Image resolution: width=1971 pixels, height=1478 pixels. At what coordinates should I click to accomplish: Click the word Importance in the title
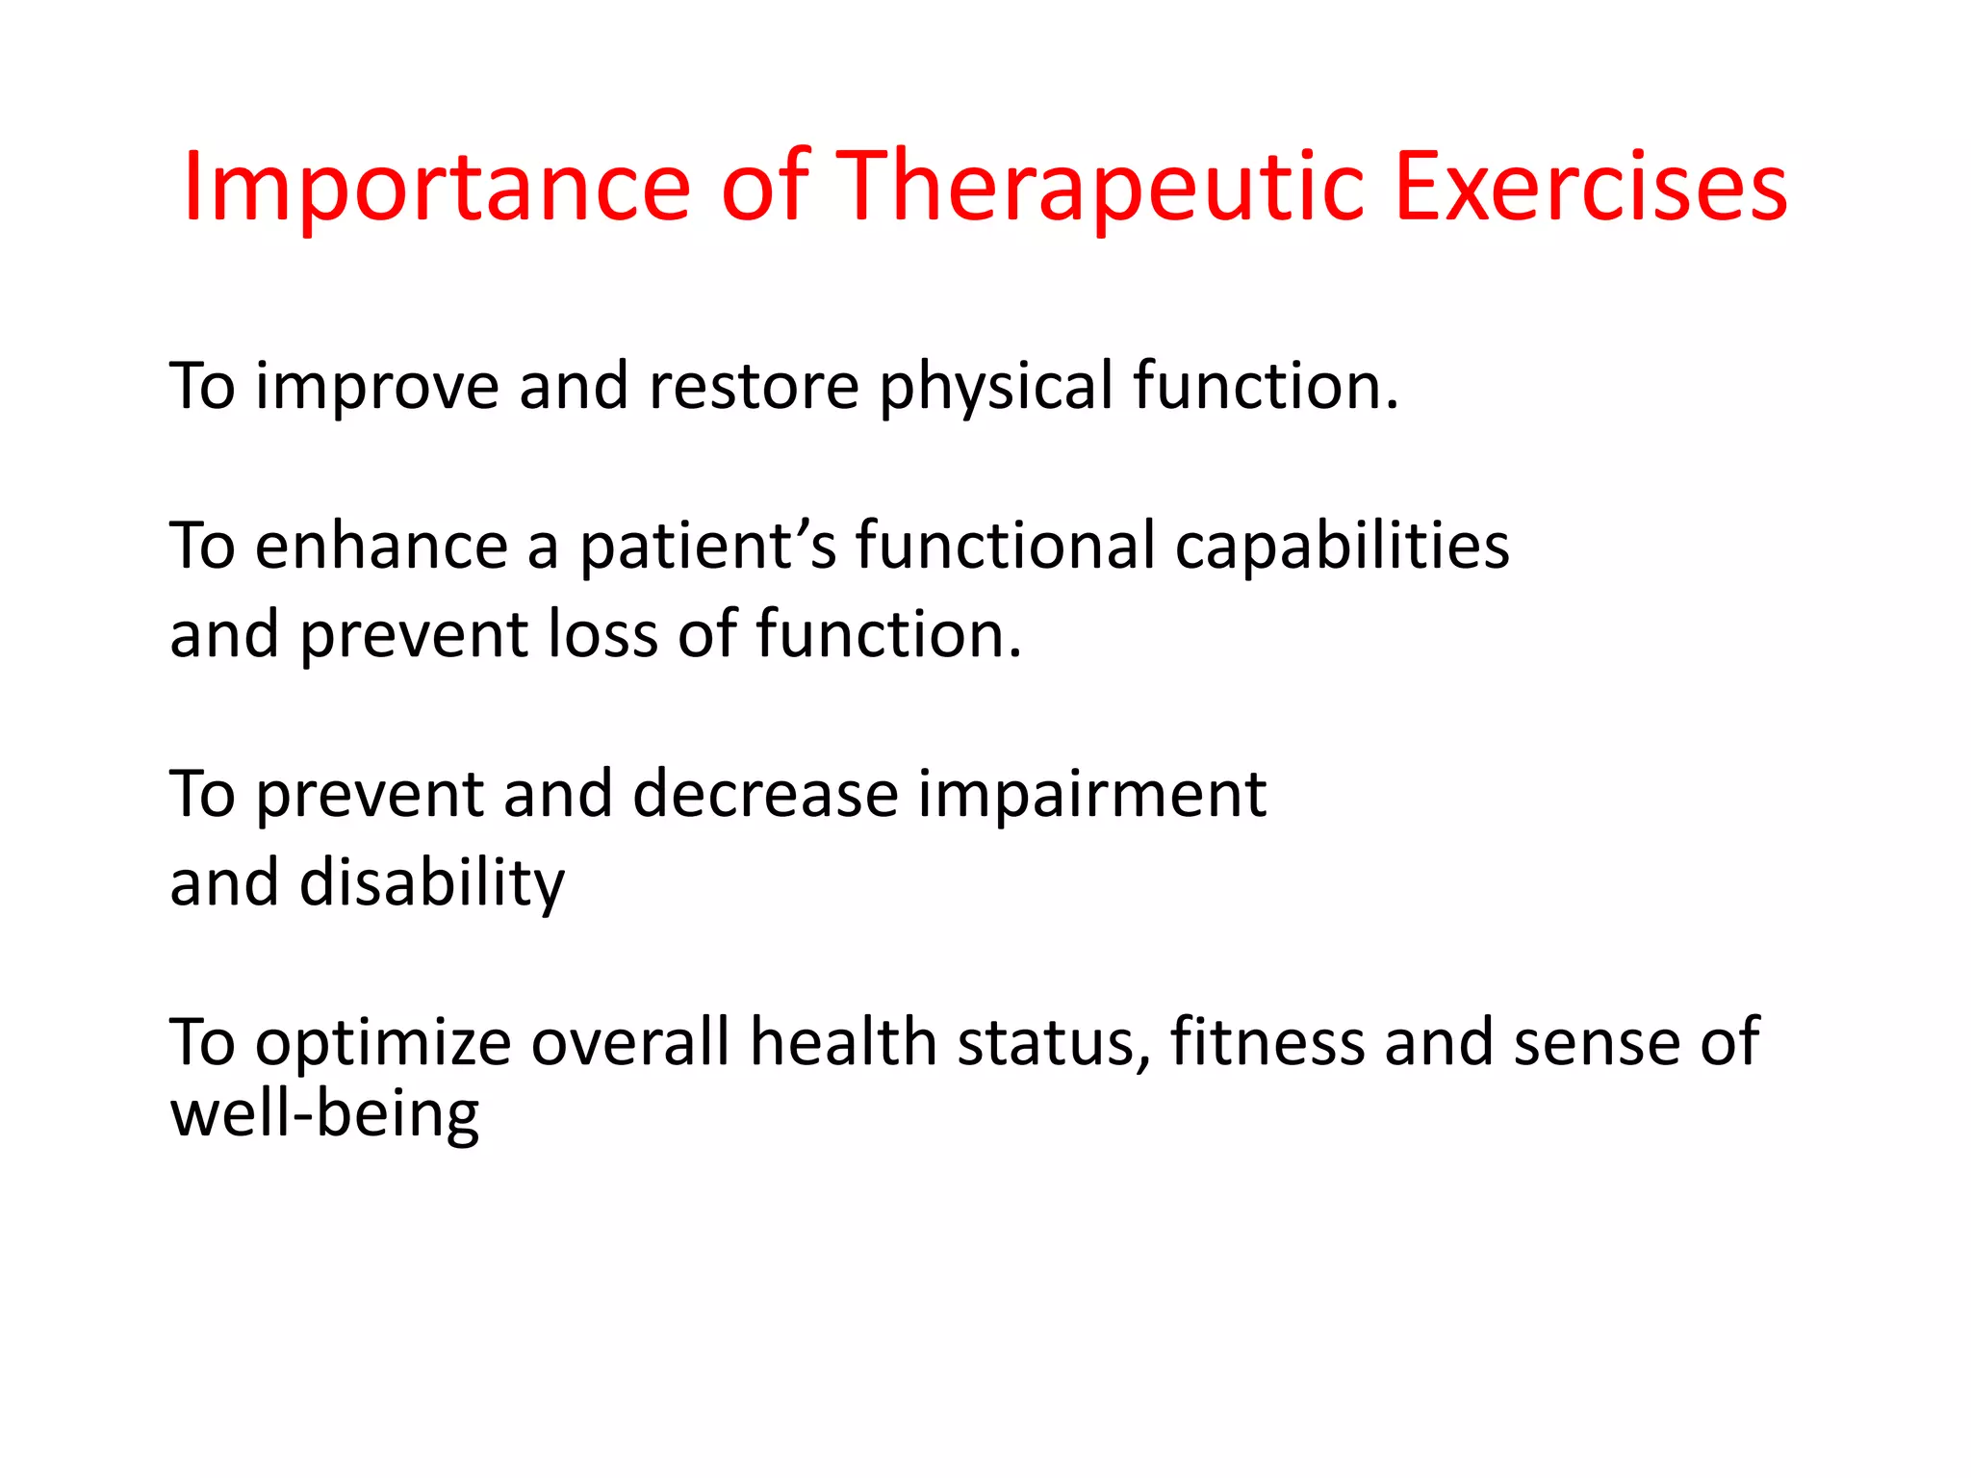coord(436,188)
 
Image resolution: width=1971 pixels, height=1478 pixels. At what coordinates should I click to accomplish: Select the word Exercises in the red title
coord(1590,188)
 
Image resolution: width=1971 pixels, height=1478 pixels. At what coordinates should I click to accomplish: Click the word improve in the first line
coord(376,387)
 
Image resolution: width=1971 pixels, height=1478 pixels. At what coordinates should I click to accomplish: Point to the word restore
coord(754,387)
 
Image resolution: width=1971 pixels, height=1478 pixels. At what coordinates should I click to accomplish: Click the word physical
coord(995,387)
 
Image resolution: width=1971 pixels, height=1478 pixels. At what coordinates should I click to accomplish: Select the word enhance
coord(381,547)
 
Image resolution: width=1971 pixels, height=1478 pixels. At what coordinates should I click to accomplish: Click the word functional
coord(1005,547)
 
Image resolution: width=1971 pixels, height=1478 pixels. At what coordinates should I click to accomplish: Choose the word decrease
coord(765,795)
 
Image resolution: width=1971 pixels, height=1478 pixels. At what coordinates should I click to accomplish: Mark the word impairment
coord(1091,795)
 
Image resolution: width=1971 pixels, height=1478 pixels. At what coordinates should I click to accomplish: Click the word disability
coord(432,883)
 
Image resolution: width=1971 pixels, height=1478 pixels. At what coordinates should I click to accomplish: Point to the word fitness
coord(1267,1043)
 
